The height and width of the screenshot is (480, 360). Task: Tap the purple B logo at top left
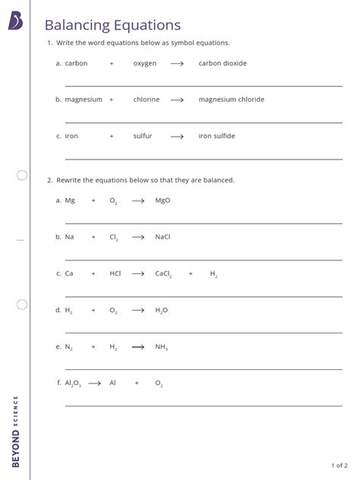tap(15, 21)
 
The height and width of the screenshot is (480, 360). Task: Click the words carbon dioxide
tap(223, 63)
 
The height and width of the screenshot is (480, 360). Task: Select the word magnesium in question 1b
tap(84, 99)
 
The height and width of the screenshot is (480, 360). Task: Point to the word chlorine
tap(147, 99)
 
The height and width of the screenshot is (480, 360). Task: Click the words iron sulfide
tap(216, 136)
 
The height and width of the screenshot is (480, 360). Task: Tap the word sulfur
tap(143, 136)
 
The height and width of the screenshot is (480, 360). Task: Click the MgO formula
tap(163, 201)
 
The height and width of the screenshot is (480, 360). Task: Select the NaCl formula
tap(163, 237)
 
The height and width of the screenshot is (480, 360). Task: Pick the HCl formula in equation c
tap(115, 273)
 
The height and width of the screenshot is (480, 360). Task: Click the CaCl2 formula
tap(164, 273)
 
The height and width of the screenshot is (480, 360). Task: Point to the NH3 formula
tap(161, 347)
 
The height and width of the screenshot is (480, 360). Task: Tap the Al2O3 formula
tap(73, 384)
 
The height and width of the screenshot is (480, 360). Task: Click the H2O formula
tap(161, 311)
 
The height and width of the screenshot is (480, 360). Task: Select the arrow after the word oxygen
tap(177, 64)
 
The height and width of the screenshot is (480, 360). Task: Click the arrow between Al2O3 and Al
tap(95, 384)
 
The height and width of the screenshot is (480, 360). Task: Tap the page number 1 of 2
tap(339, 465)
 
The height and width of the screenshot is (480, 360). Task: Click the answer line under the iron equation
tap(204, 159)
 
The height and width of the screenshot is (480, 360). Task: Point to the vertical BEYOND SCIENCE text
tap(15, 431)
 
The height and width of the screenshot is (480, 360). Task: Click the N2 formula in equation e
tap(69, 347)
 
